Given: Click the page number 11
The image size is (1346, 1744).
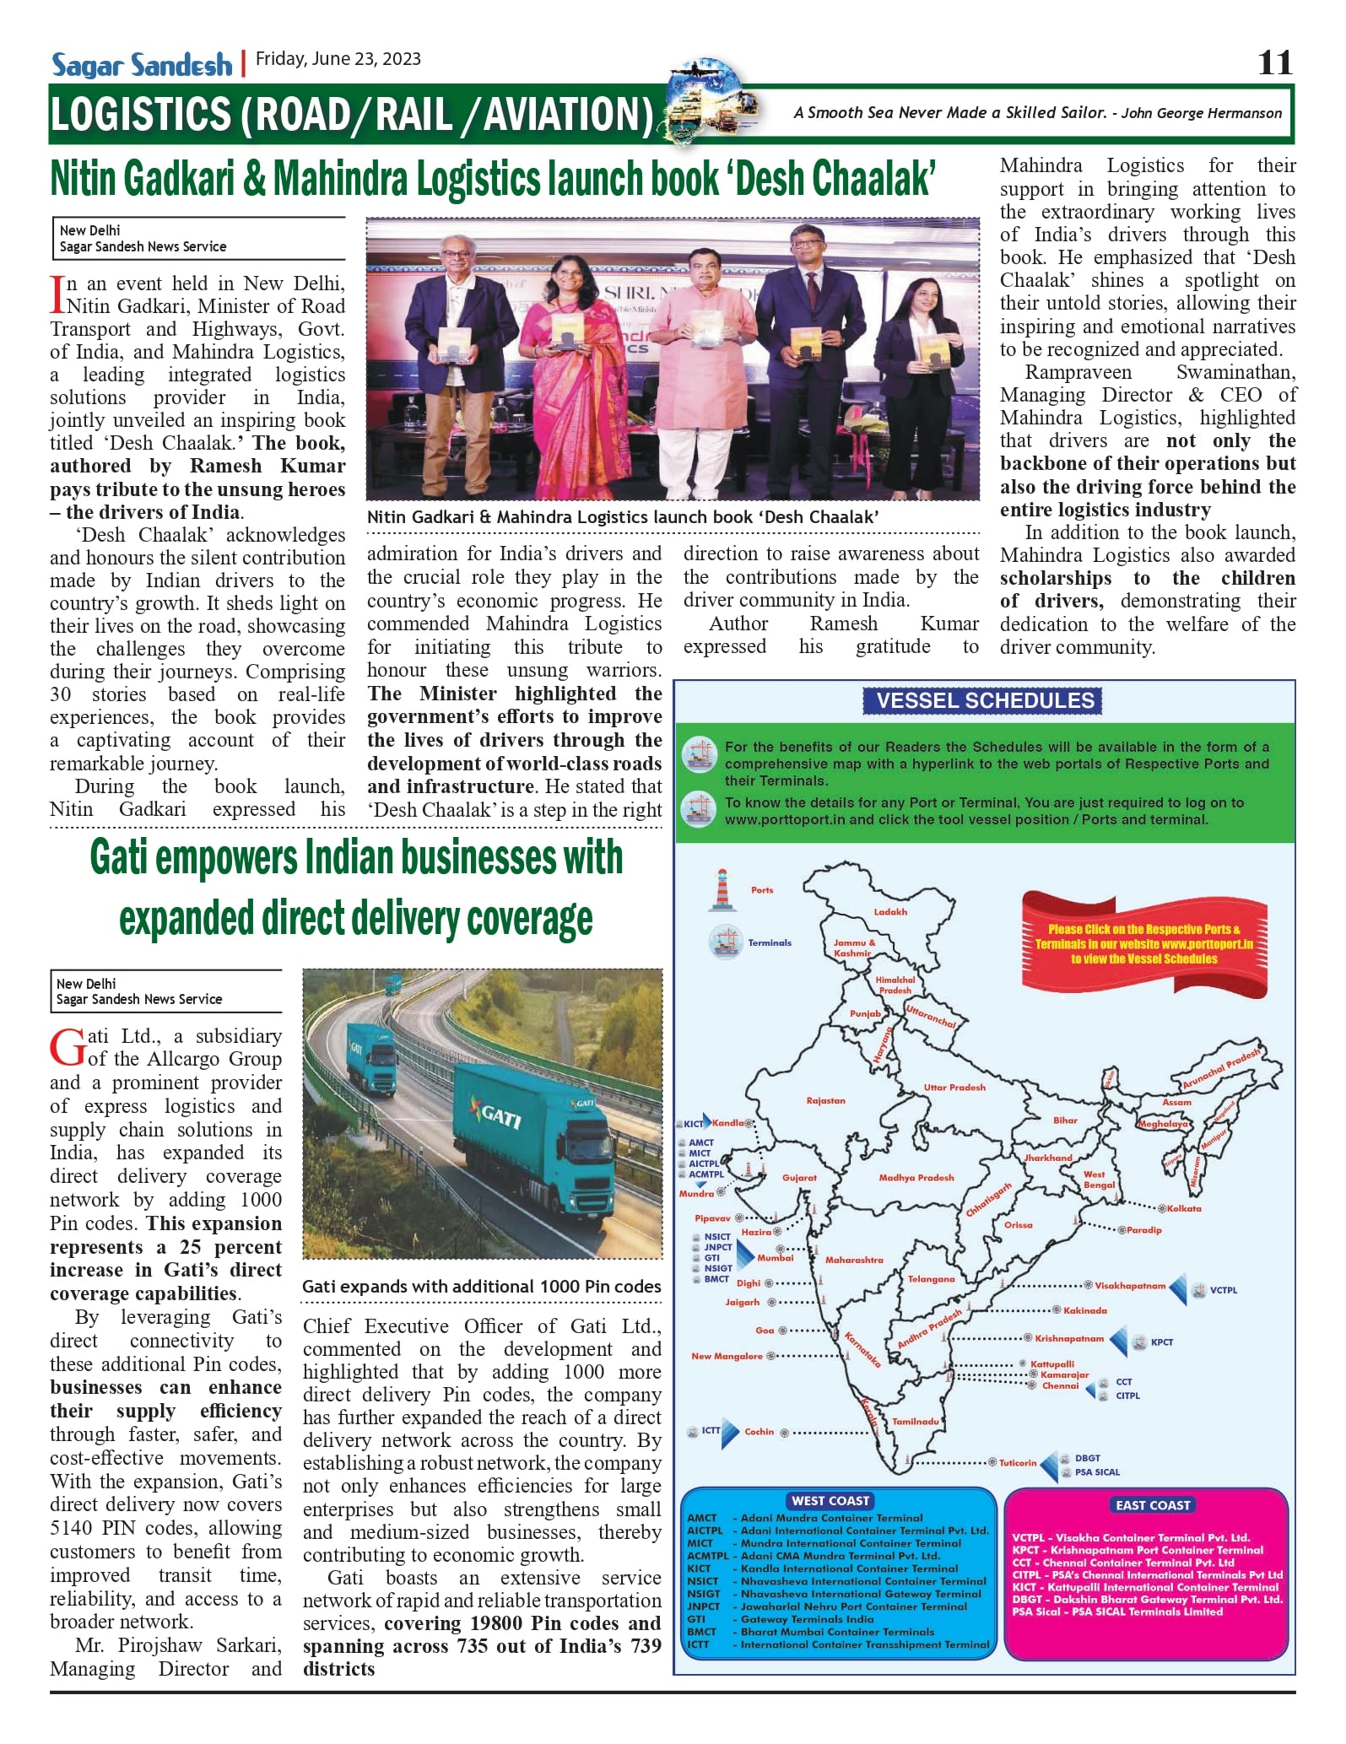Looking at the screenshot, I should click(x=1274, y=62).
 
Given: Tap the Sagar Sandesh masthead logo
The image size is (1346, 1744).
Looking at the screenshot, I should click(x=141, y=64).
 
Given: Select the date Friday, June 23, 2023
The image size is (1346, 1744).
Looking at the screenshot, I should click(x=338, y=59).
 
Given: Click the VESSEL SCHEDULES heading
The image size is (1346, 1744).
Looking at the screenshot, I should click(x=984, y=700).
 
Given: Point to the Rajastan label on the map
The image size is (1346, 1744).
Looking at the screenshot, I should click(x=825, y=1100).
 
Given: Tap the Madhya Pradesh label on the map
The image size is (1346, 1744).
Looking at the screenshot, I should click(x=916, y=1177).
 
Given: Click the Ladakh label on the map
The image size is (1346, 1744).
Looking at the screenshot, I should click(x=890, y=912).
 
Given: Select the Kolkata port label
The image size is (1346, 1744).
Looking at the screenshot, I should click(x=1184, y=1208).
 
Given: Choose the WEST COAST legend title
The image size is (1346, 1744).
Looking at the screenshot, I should click(x=830, y=1500).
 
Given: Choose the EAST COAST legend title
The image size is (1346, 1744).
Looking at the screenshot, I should click(x=1152, y=1504).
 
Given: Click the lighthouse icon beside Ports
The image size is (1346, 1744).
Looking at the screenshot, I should click(x=722, y=890).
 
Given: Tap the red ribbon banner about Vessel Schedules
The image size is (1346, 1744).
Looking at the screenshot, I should click(x=1143, y=943).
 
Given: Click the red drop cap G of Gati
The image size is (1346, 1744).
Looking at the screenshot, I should click(x=68, y=1048).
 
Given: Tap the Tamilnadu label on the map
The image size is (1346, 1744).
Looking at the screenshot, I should click(x=916, y=1421).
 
